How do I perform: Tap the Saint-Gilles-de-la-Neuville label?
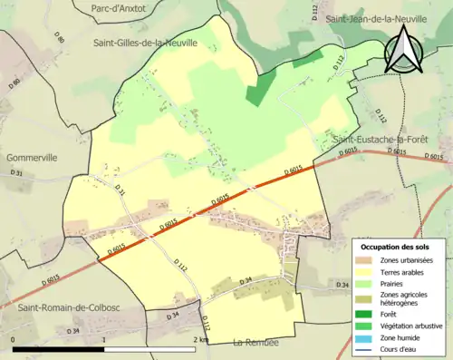click(145, 43)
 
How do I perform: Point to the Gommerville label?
click(33, 156)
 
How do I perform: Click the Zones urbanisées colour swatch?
click(367, 260)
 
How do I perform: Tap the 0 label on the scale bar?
click(13, 340)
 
